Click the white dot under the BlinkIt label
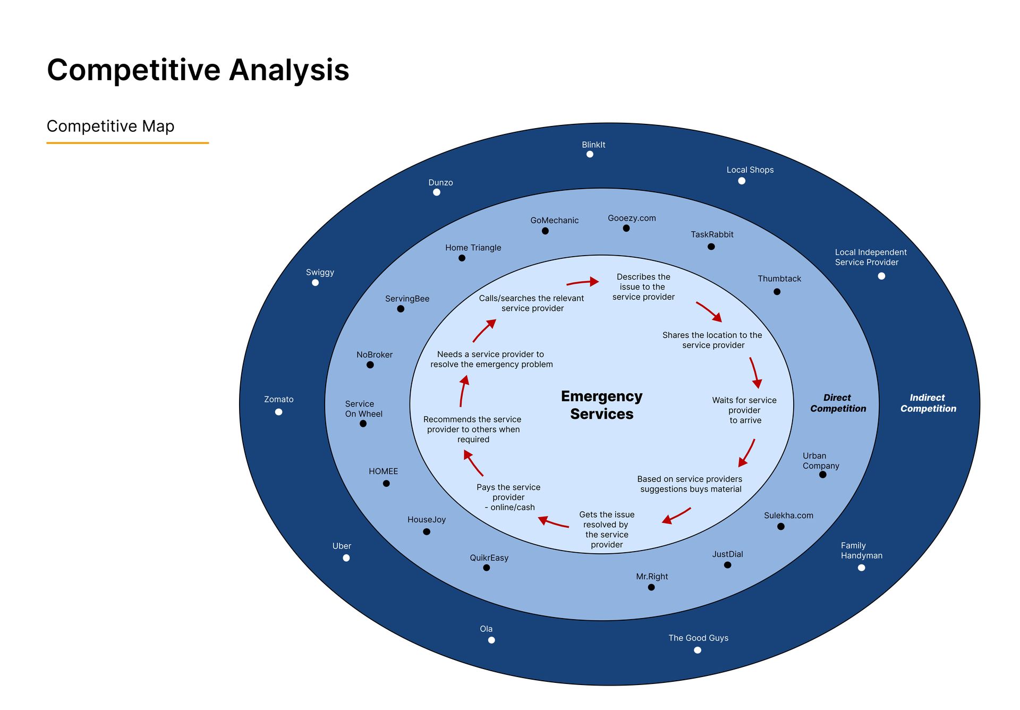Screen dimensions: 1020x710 click(x=590, y=154)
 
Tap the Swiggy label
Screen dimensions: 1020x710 click(x=320, y=273)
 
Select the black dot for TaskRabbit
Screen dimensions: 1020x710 click(x=711, y=247)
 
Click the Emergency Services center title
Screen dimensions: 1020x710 click(x=602, y=405)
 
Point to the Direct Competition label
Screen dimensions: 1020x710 click(x=838, y=403)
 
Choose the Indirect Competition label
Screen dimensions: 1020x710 click(x=928, y=403)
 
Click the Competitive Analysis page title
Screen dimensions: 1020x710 click(x=198, y=70)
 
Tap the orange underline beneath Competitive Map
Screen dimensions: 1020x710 click(x=127, y=143)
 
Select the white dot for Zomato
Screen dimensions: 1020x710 click(x=278, y=412)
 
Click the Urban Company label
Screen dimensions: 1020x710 click(x=821, y=461)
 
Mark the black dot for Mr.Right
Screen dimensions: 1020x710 click(x=651, y=587)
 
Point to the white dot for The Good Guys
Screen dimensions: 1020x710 click(x=698, y=650)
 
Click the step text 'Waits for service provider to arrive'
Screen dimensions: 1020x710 click(x=744, y=410)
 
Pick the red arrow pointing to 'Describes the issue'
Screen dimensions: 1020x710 click(x=583, y=282)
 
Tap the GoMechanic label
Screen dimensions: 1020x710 click(x=554, y=221)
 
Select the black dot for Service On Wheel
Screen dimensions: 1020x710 click(x=363, y=424)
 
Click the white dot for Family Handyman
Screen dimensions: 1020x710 click(x=862, y=568)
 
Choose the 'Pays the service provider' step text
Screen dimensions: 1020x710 click(x=508, y=497)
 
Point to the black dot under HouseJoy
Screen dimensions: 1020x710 click(x=427, y=531)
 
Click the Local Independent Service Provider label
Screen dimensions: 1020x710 click(x=871, y=257)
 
